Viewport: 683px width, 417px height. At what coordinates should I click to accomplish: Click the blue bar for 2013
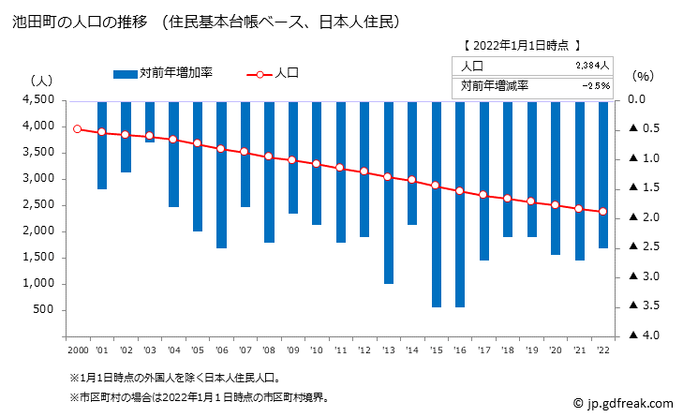(x=388, y=192)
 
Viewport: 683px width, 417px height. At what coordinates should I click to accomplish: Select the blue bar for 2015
(x=436, y=203)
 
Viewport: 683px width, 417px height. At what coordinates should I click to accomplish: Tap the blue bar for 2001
(x=102, y=145)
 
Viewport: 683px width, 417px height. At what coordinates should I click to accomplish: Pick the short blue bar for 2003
(x=150, y=121)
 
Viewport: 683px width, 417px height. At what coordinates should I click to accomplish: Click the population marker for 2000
(x=78, y=129)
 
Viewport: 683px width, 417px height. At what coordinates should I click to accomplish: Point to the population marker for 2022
(x=602, y=212)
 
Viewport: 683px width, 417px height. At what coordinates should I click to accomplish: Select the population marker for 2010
(x=317, y=164)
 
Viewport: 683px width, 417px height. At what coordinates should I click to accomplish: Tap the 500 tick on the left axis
(x=45, y=310)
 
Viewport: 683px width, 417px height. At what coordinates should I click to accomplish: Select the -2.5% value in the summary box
(x=595, y=85)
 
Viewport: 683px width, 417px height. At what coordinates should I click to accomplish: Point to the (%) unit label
(x=645, y=75)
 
